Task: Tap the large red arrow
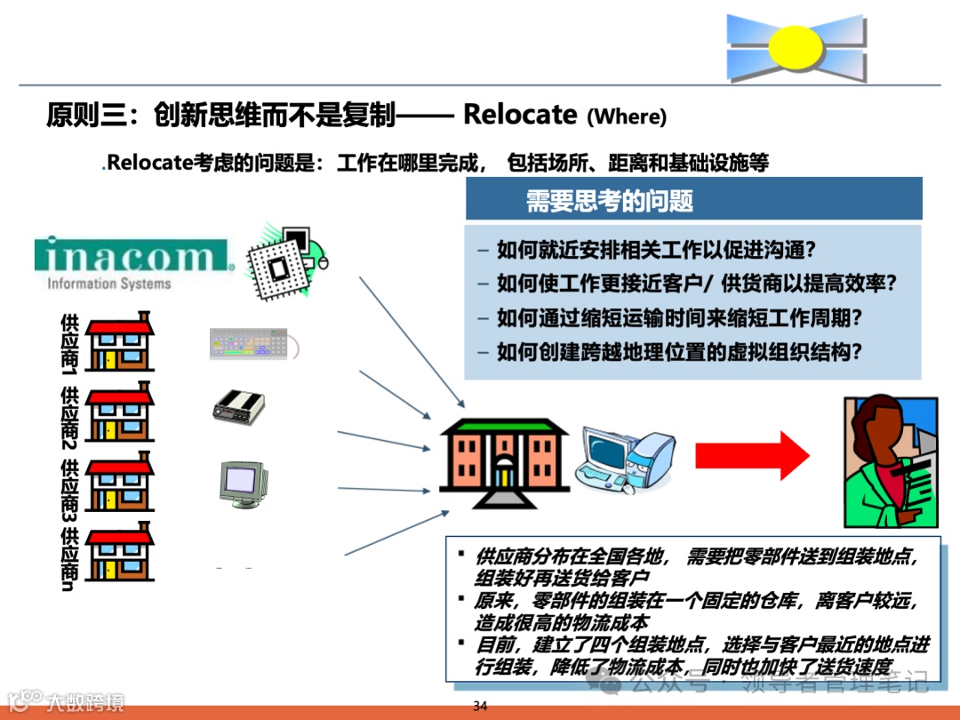[x=751, y=455]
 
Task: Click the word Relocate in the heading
[x=520, y=115]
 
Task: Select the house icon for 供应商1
[x=120, y=341]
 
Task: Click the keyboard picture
[x=249, y=343]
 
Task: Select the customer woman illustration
[x=890, y=462]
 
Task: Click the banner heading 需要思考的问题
[x=609, y=200]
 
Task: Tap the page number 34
[x=480, y=707]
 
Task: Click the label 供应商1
[x=69, y=342]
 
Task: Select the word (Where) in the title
[x=627, y=116]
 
